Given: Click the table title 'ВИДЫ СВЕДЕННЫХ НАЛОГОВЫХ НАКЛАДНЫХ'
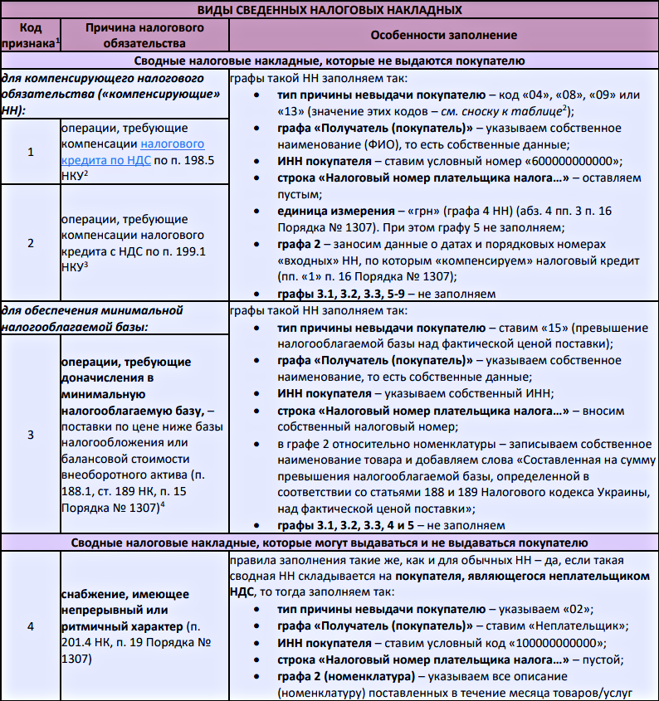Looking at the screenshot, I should [x=329, y=10].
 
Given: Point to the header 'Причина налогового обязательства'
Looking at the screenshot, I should [x=145, y=35].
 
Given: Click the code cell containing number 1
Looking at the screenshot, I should [x=30, y=153].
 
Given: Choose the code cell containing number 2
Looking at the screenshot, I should [x=30, y=243].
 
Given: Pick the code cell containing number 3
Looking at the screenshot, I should [x=30, y=434].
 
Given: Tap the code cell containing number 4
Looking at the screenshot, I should [x=30, y=626].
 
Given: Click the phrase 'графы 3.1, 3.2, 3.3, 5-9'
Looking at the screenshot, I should [x=349, y=294].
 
